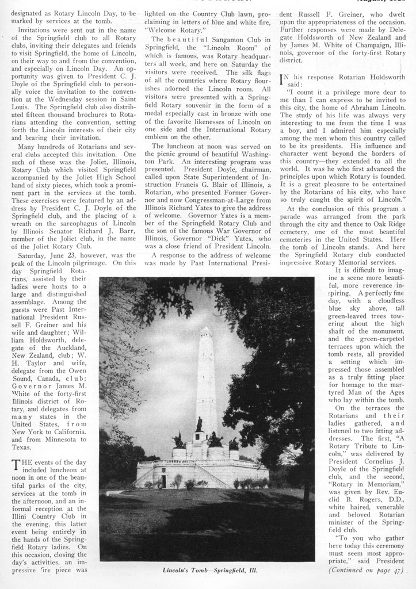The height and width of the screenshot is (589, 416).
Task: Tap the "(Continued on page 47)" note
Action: (365, 571)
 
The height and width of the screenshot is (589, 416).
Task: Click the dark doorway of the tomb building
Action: (163, 481)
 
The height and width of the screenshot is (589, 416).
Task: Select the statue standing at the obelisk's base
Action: (199, 424)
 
